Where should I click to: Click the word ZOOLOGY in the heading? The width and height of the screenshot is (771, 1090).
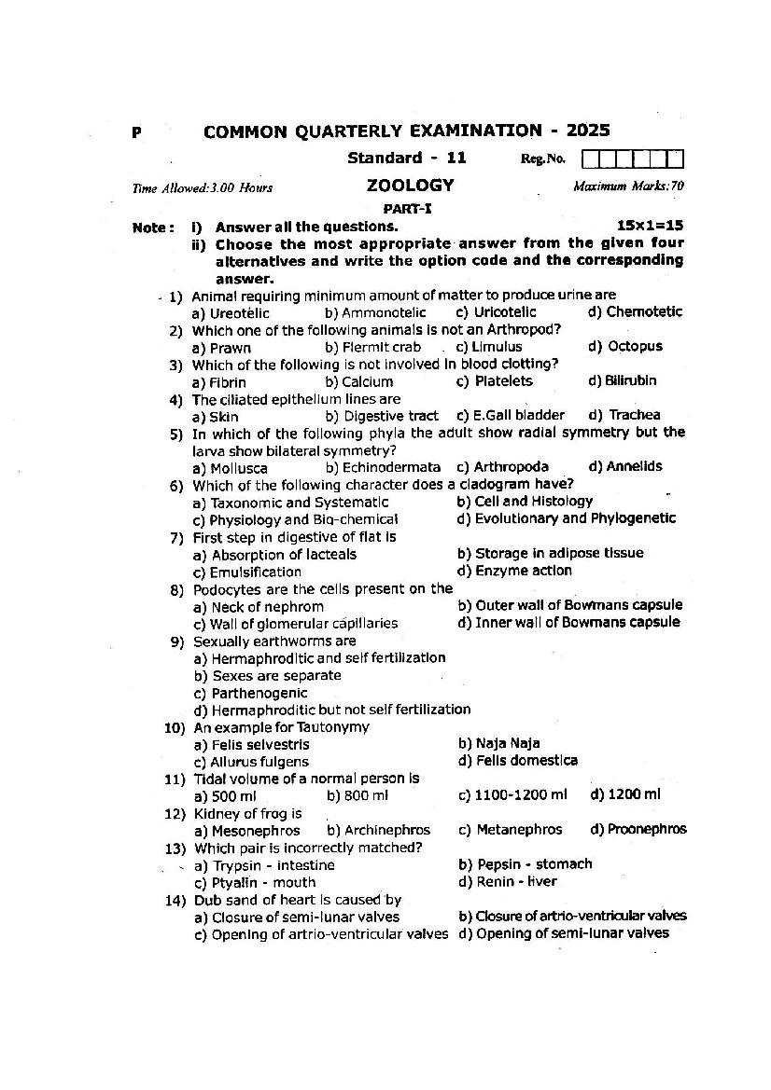pos(410,186)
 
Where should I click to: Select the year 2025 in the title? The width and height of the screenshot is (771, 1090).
pos(582,131)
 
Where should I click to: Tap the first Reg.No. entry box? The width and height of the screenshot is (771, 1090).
pos(603,159)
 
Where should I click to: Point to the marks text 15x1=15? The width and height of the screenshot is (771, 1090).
pos(650,226)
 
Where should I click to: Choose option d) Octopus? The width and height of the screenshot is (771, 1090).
pos(625,346)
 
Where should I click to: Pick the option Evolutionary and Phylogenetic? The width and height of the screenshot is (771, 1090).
pos(567,518)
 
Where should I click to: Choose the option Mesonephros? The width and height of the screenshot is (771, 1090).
pos(247,830)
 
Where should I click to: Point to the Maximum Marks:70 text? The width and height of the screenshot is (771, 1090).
pos(628,186)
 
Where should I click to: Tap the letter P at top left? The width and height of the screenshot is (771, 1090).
pos(137,133)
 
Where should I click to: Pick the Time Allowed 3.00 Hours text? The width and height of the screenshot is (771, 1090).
pos(203,187)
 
